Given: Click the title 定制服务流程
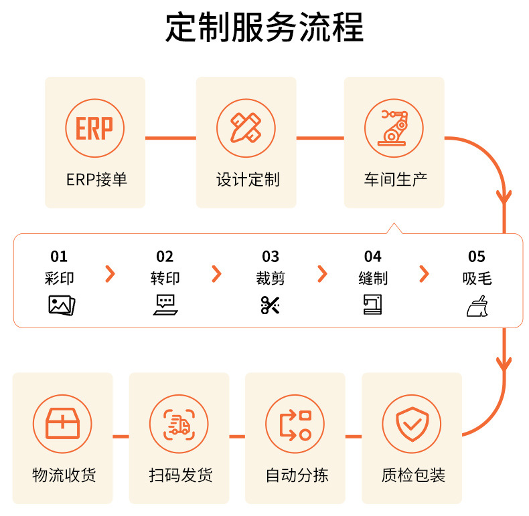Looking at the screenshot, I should [x=264, y=28].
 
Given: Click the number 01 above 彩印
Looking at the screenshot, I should [x=59, y=257].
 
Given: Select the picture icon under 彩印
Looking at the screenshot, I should [x=62, y=305].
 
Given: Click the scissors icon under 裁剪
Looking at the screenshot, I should [x=270, y=305].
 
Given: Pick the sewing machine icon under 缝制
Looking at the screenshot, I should [x=372, y=305].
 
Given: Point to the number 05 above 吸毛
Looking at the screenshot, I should [x=476, y=257].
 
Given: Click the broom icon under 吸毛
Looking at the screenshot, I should [x=477, y=305].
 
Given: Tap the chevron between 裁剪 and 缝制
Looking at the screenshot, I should [x=322, y=273].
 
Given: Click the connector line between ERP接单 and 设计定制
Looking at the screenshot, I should [x=170, y=138].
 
